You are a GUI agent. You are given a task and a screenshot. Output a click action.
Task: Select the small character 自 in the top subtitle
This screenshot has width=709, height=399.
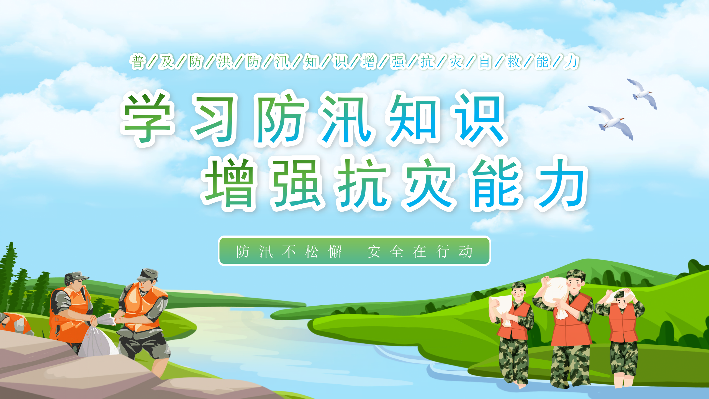(485, 62)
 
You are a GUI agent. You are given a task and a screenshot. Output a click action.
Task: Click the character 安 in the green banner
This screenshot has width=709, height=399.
(374, 252)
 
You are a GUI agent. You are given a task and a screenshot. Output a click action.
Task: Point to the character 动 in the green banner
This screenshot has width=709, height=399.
(466, 252)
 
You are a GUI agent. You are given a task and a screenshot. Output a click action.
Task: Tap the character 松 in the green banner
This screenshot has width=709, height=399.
(312, 252)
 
